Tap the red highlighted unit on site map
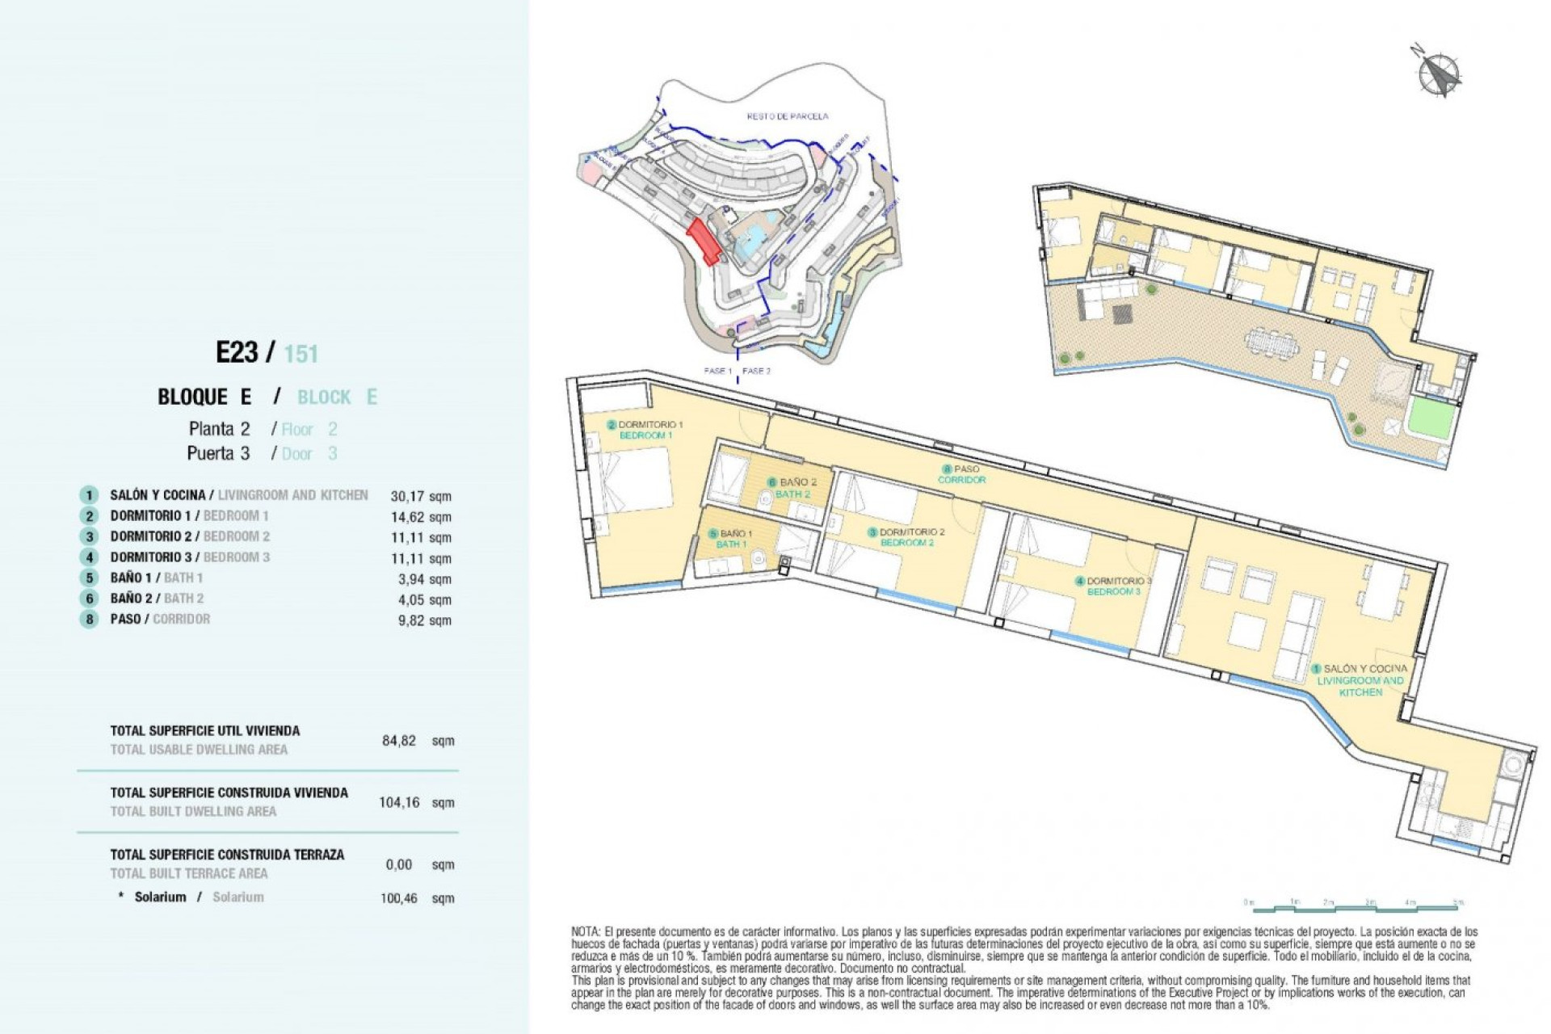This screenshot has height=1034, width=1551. pos(704,242)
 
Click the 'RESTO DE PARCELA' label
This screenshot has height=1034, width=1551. pos(787,116)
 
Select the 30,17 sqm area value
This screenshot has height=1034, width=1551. pos(421,496)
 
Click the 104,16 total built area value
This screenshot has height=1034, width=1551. pos(399,802)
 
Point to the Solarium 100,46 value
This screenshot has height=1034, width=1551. pos(399,897)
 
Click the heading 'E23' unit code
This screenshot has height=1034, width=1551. pos(237,352)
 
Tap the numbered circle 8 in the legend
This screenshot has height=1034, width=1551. pos(89,620)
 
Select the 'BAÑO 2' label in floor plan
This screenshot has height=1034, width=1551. pos(797,482)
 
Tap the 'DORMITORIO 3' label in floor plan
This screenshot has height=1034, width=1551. pos(1118,581)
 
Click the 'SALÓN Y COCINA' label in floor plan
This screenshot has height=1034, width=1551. pos(1364,669)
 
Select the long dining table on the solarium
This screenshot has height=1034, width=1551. pos(1275,341)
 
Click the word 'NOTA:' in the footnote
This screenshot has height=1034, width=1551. pos(586,931)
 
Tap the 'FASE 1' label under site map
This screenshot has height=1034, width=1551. pos(717,371)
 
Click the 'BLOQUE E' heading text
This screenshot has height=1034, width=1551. pos(204,397)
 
